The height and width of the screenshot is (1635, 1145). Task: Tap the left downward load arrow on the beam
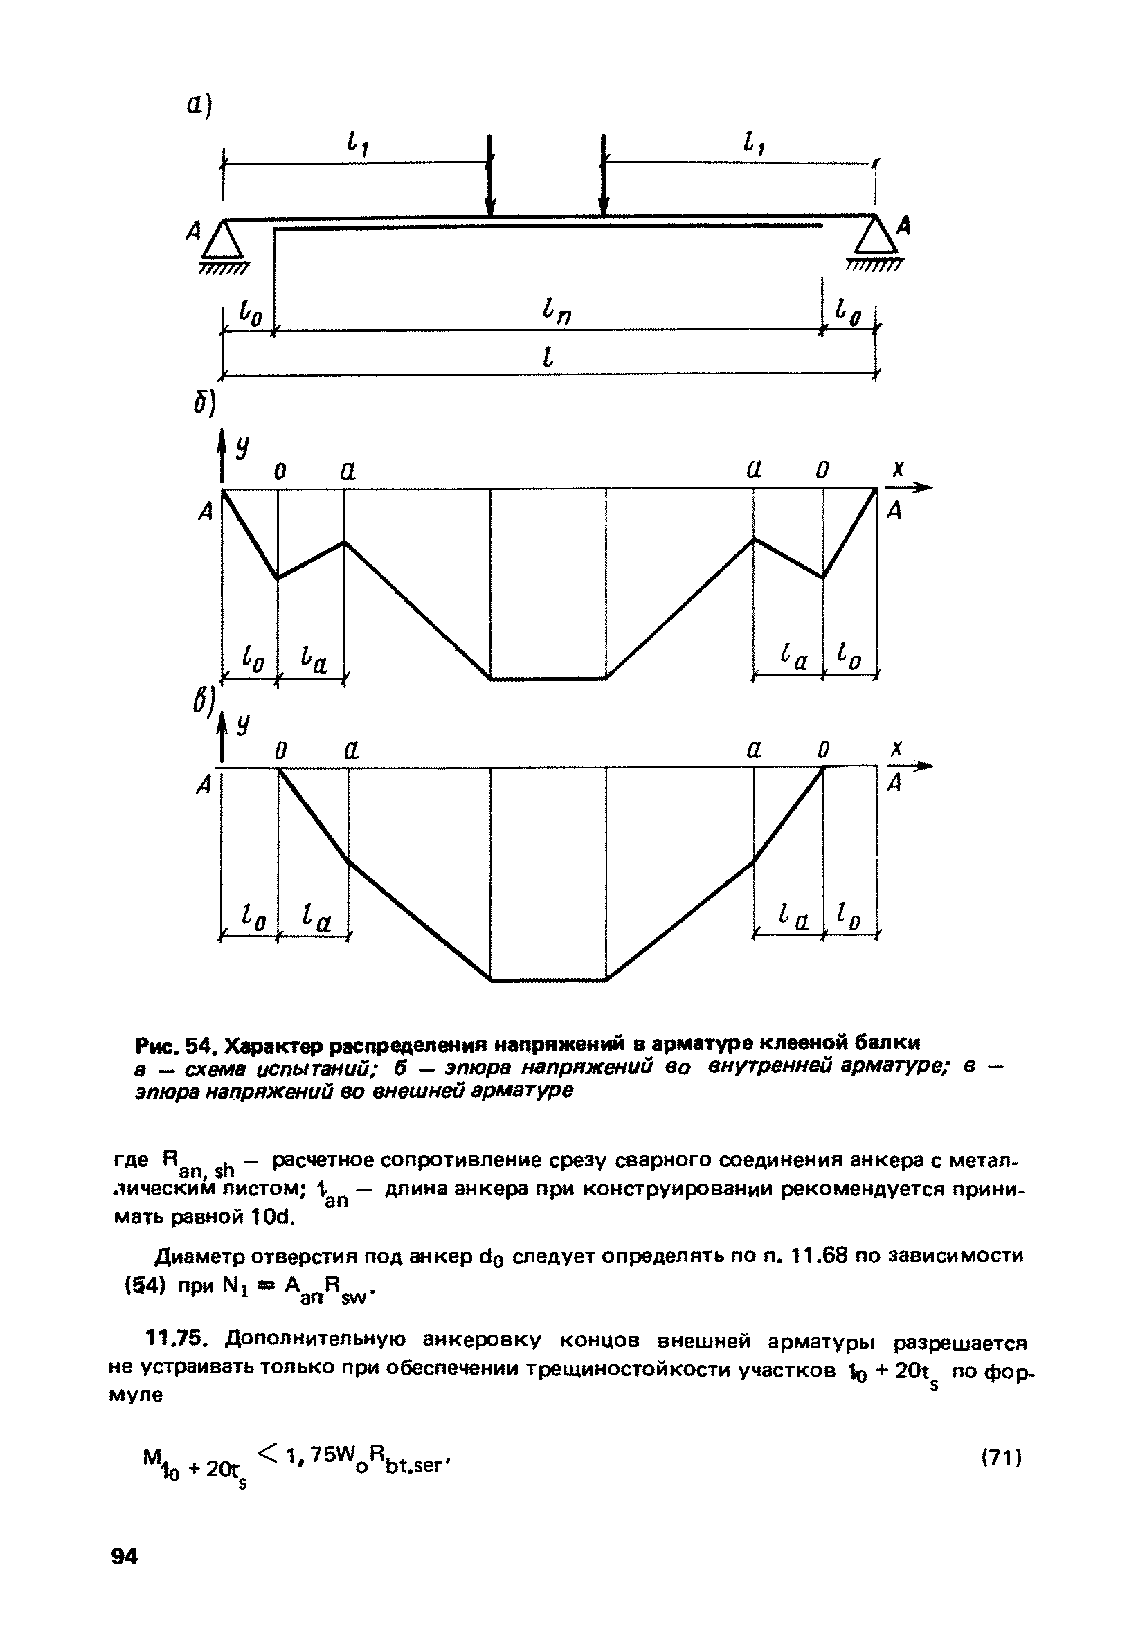[x=490, y=174]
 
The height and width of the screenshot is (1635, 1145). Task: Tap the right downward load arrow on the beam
[x=604, y=174]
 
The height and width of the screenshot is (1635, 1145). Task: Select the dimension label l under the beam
[x=548, y=354]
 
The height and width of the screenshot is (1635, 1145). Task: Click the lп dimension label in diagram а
[x=556, y=312]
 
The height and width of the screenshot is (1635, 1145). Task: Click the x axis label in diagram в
[x=898, y=748]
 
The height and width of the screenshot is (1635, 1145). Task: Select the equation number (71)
[x=1002, y=1458]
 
